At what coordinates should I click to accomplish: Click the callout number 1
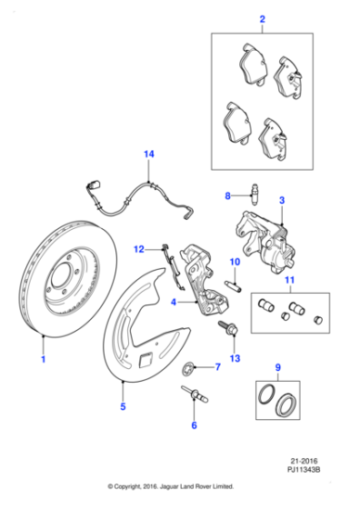42,361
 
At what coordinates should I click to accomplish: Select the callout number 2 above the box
262,19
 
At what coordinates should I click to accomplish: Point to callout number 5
124,407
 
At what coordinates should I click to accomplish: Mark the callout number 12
140,248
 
